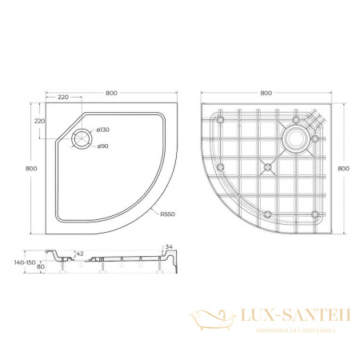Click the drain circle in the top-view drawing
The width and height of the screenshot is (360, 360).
[x=82, y=138]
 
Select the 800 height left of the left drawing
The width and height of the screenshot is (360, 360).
[x=30, y=168]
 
